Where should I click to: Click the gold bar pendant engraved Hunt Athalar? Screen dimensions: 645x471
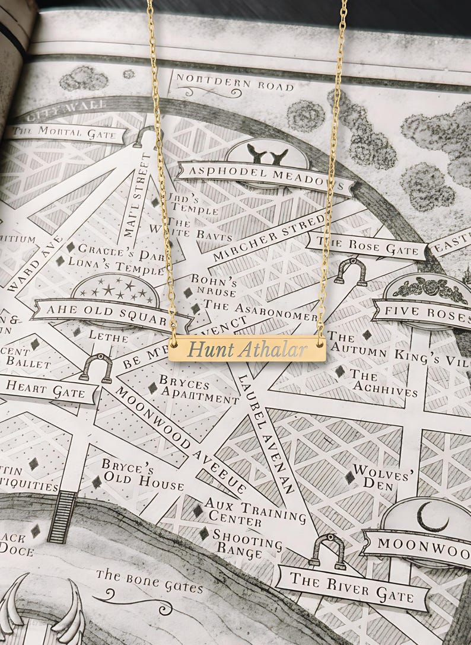247,349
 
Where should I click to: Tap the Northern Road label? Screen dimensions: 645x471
234,83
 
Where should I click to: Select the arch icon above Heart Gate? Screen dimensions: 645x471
97,368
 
